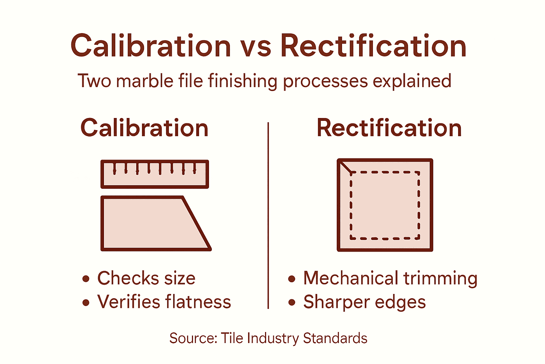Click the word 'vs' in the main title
tap(255, 47)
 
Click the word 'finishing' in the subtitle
tap(242, 81)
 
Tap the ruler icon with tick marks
tap(155, 174)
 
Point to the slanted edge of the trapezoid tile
tap(197, 223)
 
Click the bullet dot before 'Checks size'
tap(86, 279)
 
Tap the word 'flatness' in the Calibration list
tap(198, 302)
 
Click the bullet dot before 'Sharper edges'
tap(292, 303)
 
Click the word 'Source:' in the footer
tap(193, 338)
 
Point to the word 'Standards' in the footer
tap(335, 338)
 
